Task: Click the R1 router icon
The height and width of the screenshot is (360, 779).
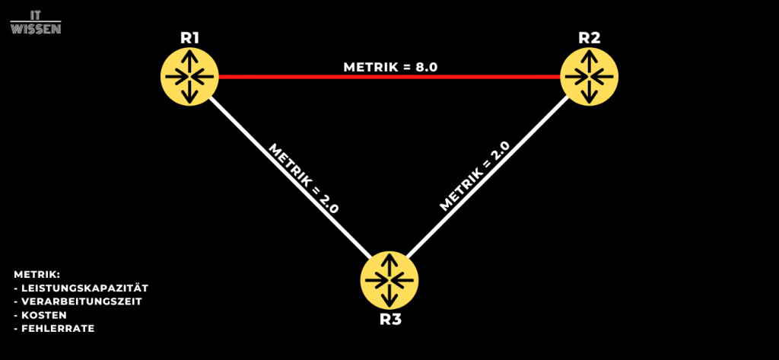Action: tap(189, 76)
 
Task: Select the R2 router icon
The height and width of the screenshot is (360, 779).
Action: tap(589, 76)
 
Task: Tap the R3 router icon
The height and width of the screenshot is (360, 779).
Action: tap(389, 279)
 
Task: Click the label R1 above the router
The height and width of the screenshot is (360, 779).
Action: tap(189, 37)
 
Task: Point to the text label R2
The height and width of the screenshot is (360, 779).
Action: tap(589, 37)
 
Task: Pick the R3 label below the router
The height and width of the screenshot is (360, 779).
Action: tap(389, 318)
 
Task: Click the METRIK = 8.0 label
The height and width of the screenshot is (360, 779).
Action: tap(390, 67)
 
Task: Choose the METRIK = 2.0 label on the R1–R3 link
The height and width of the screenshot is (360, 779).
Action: tap(304, 177)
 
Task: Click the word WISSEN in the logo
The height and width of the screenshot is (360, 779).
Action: tap(36, 27)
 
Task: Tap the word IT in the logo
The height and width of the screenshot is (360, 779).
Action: tap(36, 14)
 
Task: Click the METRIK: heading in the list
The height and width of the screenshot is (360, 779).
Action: tap(37, 274)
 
